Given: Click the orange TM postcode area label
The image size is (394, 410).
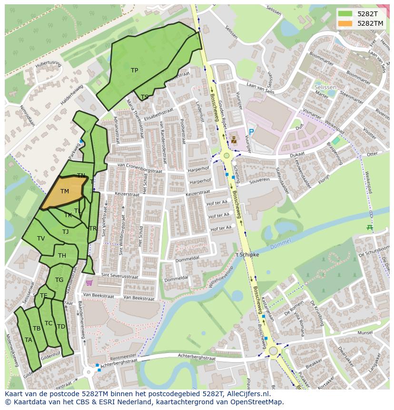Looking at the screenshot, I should (x=65, y=191).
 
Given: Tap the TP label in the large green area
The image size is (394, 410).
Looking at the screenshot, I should (x=134, y=70).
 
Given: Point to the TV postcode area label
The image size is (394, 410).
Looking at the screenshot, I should (x=41, y=239).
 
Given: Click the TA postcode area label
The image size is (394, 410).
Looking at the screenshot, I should (x=29, y=340).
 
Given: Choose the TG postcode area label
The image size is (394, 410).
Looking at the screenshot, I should (x=59, y=280).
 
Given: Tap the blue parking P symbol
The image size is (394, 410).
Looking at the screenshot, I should (x=251, y=132).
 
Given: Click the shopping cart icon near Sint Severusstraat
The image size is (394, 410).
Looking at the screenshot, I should (x=89, y=283).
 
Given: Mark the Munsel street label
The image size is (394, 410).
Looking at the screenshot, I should (x=365, y=332).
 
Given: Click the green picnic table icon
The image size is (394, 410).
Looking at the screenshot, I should (x=370, y=228).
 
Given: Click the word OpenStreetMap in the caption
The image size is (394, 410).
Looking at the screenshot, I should (x=259, y=402).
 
